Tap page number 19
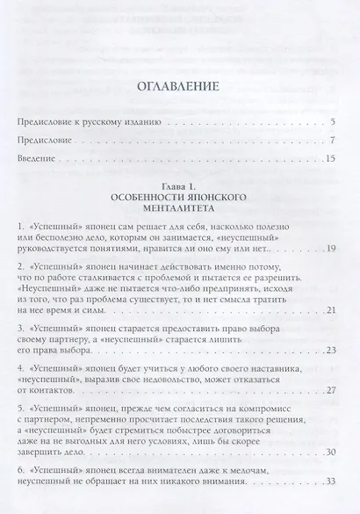click(x=331, y=250)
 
